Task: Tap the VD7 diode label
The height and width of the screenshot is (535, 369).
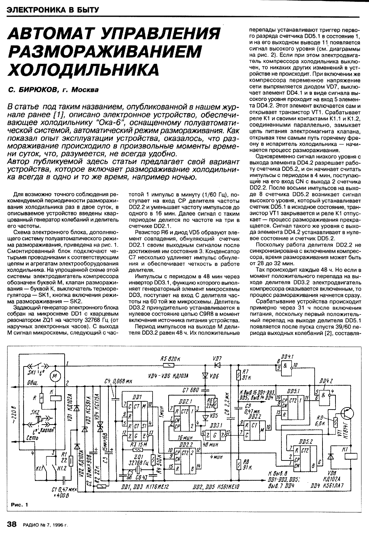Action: click(217, 358)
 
